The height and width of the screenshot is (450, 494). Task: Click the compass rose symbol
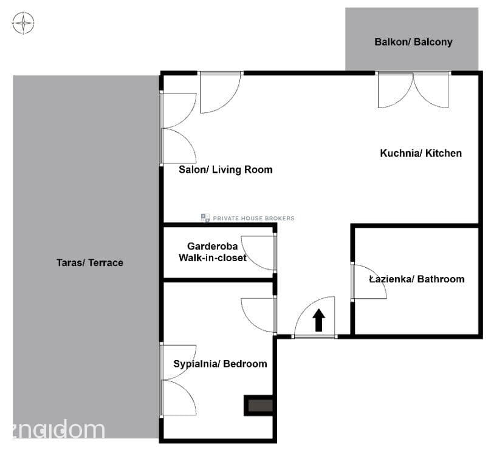(23, 23)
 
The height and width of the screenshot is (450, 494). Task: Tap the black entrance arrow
(318, 320)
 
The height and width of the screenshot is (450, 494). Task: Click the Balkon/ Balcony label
(413, 42)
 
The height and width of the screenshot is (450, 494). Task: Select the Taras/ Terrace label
(90, 262)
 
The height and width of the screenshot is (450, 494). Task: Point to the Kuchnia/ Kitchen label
(421, 153)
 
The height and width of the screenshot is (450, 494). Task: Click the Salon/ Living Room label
(225, 169)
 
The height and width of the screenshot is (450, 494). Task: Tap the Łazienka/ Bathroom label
(416, 279)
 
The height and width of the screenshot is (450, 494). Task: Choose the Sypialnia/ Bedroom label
(220, 364)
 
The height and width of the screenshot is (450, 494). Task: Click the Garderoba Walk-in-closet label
(212, 252)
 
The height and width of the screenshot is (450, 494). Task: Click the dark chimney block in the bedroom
(258, 406)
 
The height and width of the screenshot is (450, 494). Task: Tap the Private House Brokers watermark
(248, 218)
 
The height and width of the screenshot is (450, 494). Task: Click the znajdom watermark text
(58, 429)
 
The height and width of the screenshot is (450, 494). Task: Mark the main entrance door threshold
(314, 336)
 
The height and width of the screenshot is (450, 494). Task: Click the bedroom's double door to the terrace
(178, 380)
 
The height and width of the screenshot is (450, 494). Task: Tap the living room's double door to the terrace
(178, 128)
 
